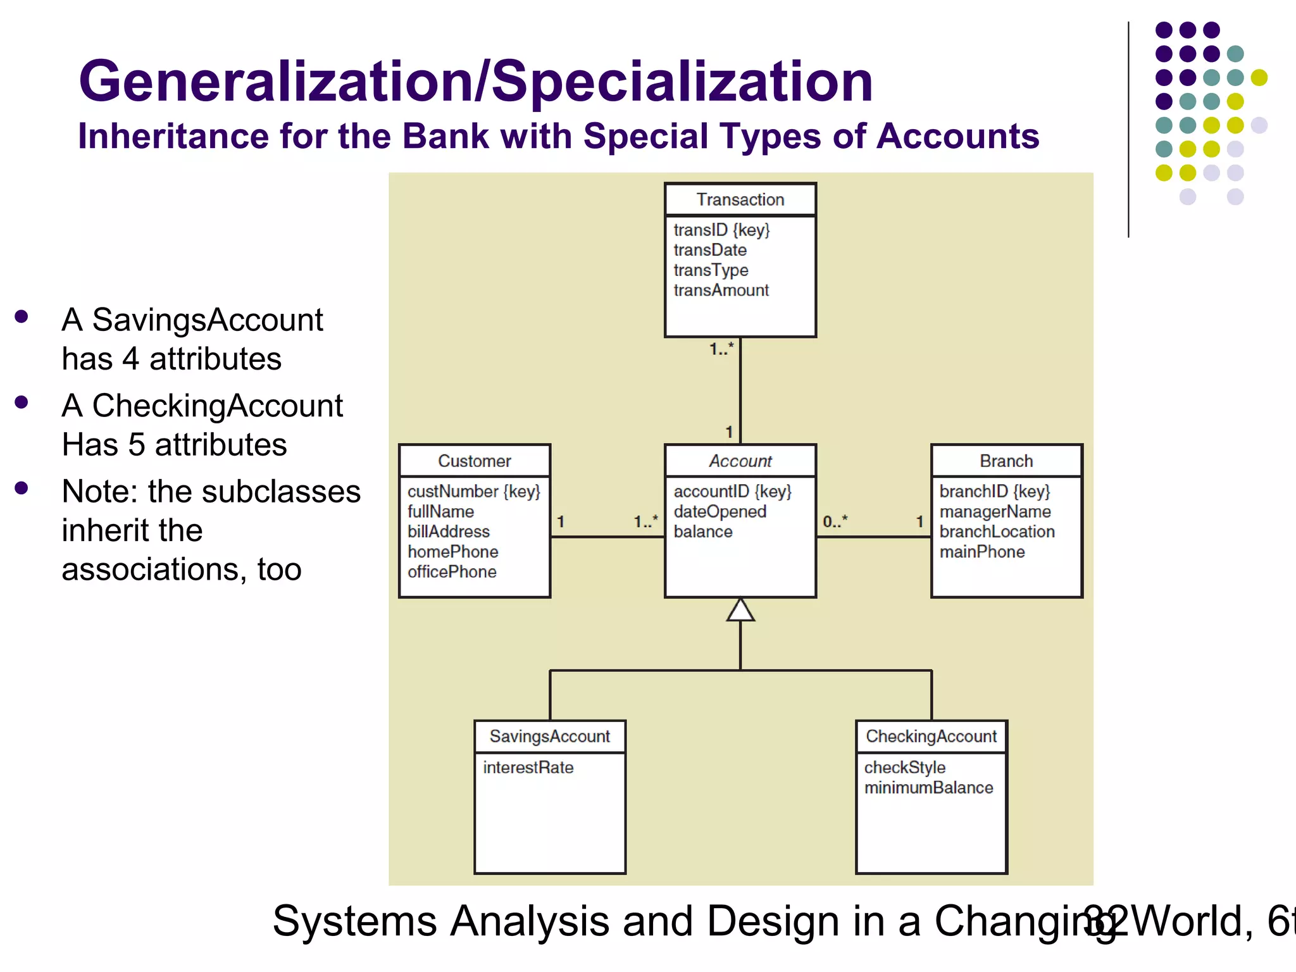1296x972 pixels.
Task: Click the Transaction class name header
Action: [x=740, y=200]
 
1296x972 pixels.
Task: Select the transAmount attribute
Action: [x=721, y=290]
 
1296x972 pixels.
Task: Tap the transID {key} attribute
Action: [x=721, y=230]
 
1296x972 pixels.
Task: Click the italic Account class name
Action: [x=740, y=461]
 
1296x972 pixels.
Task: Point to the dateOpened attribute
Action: [x=720, y=511]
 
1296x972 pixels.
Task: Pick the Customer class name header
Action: [x=475, y=461]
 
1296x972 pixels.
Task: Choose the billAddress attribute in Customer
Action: [x=449, y=532]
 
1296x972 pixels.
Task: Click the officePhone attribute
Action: [x=452, y=572]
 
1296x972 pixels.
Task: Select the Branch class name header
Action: [x=1006, y=461]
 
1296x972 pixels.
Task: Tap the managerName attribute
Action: [x=995, y=511]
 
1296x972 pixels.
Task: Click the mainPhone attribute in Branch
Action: [x=982, y=552]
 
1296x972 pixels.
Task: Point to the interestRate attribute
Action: [x=528, y=768]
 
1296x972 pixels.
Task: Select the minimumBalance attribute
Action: [x=928, y=788]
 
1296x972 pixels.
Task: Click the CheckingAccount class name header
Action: [x=931, y=737]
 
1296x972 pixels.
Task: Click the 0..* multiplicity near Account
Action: [x=835, y=521]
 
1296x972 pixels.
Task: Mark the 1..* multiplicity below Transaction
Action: [x=721, y=349]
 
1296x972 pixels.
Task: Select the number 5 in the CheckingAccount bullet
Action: [x=137, y=444]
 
